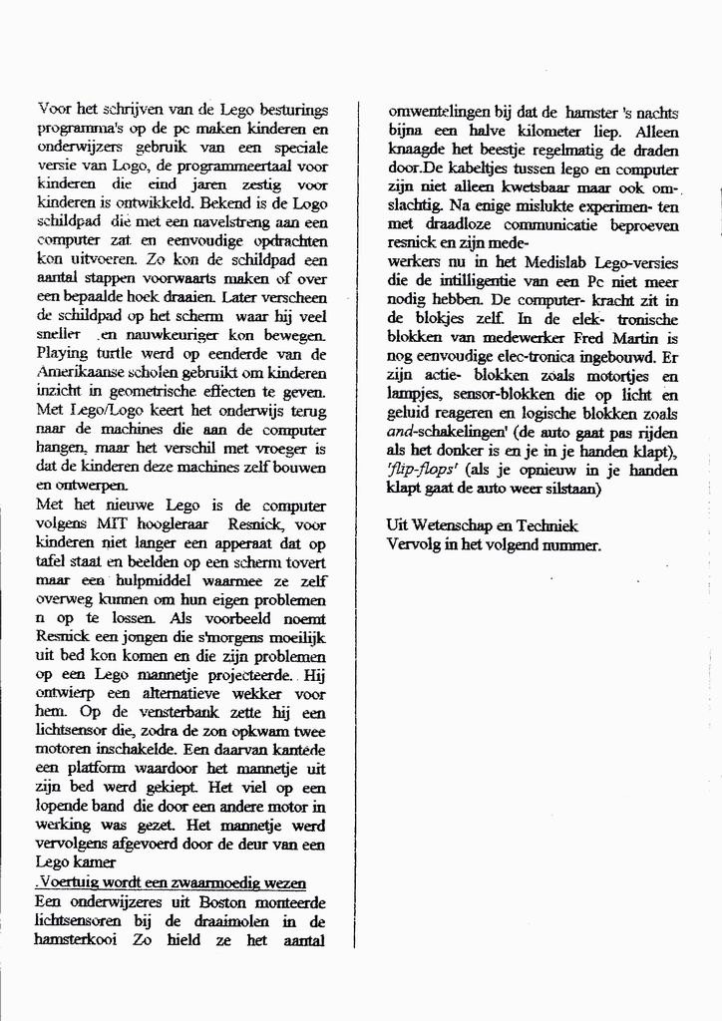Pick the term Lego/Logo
(106, 410)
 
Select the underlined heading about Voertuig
(171, 883)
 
